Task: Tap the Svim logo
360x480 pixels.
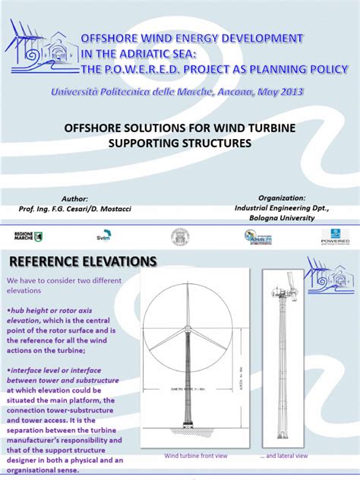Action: (103, 237)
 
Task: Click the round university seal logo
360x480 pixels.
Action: (179, 236)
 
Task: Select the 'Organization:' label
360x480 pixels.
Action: (282, 197)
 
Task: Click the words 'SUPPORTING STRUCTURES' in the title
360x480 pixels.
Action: (179, 142)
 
